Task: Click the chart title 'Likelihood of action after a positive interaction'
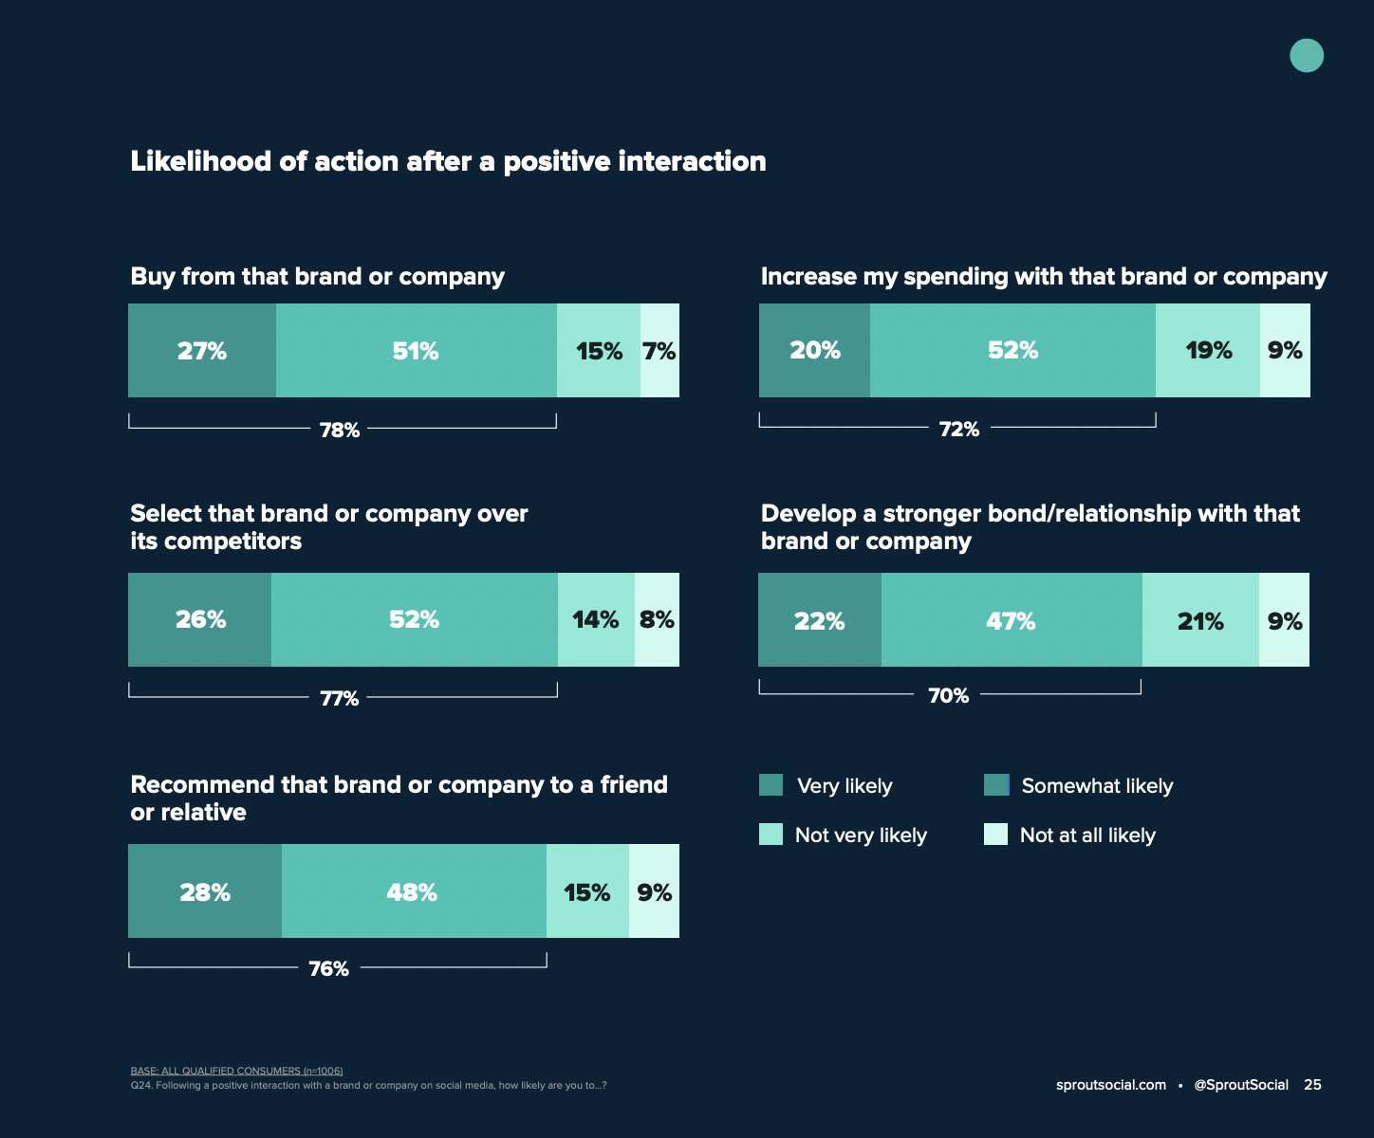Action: click(x=448, y=161)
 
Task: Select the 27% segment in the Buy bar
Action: click(x=202, y=351)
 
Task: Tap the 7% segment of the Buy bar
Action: click(x=659, y=351)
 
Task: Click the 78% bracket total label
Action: click(x=340, y=430)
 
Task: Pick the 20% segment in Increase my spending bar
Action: click(x=814, y=350)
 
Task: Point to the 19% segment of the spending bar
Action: click(x=1208, y=350)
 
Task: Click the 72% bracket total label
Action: click(x=958, y=429)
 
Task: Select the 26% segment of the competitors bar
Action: click(x=200, y=619)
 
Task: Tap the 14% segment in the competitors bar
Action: click(x=596, y=619)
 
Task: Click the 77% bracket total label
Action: click(x=339, y=698)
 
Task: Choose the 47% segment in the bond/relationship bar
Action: click(x=1011, y=621)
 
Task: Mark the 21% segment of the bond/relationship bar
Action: click(x=1200, y=621)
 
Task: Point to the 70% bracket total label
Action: click(x=948, y=695)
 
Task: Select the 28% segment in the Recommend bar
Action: click(x=205, y=891)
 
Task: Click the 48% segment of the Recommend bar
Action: click(x=413, y=891)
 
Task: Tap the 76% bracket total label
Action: click(x=328, y=968)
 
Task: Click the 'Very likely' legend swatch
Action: click(x=771, y=785)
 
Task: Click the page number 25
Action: click(x=1312, y=1085)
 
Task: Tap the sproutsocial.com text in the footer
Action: click(x=1110, y=1085)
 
